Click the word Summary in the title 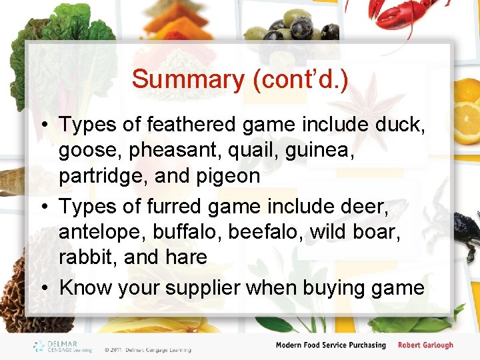[188, 79]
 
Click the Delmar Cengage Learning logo [63, 346]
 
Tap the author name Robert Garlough [425, 345]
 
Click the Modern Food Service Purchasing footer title [331, 345]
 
